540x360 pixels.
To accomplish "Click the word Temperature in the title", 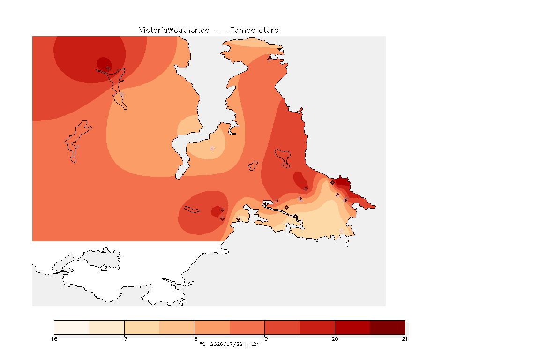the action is pos(254,30).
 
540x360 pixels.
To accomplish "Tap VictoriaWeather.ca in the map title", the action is pos(174,30).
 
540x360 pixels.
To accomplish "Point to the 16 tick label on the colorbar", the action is pos(54,339).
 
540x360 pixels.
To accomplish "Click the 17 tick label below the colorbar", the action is pos(124,339).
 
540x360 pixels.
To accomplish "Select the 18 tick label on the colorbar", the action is pos(195,339).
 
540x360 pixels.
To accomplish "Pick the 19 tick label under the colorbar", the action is pos(264,339).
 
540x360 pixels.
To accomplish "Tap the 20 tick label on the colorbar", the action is pos(335,339).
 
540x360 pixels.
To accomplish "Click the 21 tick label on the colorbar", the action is pos(405,339).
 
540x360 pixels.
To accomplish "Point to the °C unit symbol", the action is pos(202,344).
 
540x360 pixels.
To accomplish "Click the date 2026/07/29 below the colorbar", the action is pos(226,344).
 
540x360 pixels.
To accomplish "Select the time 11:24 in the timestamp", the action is pos(252,344).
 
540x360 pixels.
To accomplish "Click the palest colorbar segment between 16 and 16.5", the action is pos(72,327).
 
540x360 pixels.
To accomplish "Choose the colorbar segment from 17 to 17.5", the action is pos(142,327).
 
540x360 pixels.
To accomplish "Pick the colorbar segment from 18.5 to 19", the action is pos(247,327).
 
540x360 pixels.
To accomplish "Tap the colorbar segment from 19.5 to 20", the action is pos(317,327).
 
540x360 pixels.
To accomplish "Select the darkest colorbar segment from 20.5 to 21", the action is pos(388,327).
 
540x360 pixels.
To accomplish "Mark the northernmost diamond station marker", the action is pos(270,59).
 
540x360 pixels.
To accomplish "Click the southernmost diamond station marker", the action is pos(341,231).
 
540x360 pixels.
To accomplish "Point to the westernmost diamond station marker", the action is pos(108,69).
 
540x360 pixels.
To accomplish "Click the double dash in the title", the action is pos(220,30).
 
